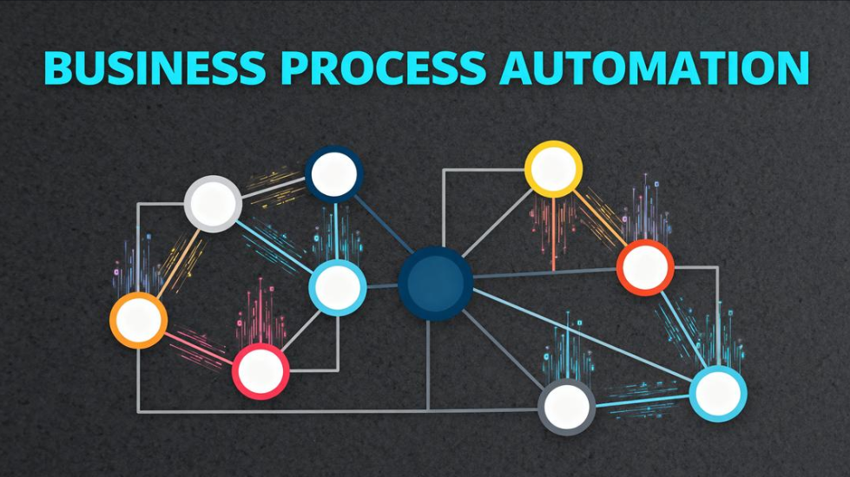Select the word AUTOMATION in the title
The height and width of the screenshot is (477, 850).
[655, 68]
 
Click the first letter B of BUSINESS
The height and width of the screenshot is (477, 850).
[58, 68]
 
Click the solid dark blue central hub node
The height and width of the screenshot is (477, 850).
[436, 283]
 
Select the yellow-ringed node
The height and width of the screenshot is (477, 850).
[553, 168]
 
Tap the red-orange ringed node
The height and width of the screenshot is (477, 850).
[645, 267]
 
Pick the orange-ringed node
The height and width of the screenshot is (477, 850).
[138, 320]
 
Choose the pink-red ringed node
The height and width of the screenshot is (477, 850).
[260, 371]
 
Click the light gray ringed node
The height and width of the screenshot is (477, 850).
[213, 204]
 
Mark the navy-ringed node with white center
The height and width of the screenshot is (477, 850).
[333, 174]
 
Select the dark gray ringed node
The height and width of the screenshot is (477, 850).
[567, 405]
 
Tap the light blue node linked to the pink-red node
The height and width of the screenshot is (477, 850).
[337, 287]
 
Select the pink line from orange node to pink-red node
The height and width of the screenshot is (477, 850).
[199, 345]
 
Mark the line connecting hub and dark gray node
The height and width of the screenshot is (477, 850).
[504, 346]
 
